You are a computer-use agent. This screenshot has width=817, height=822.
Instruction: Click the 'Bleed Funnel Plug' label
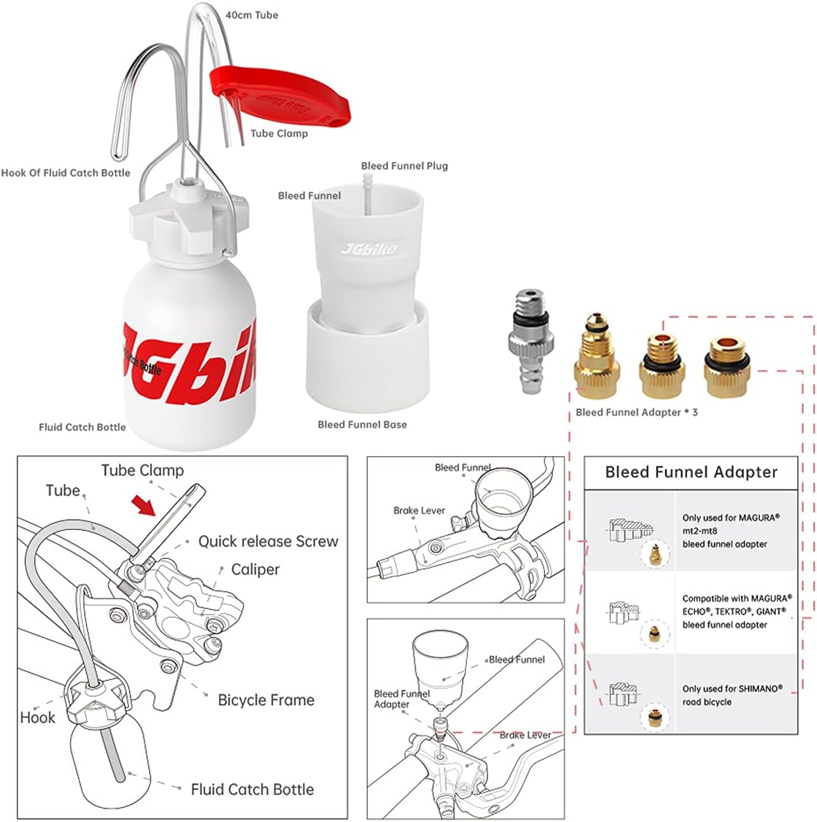tap(404, 166)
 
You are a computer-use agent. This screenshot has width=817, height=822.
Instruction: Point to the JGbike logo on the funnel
tap(368, 249)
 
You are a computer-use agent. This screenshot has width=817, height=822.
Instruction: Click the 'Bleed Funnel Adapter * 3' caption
tap(636, 412)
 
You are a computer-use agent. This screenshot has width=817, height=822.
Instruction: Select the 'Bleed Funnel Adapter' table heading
tap(691, 472)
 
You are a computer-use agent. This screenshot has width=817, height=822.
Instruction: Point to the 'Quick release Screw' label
tap(268, 541)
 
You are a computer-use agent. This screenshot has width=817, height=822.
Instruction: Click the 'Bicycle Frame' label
tap(265, 700)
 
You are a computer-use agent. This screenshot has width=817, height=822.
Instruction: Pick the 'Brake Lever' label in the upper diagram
tap(420, 510)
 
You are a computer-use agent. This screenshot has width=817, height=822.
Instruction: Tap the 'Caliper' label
tap(255, 569)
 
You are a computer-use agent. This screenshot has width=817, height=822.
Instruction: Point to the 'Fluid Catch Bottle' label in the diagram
tap(252, 789)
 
